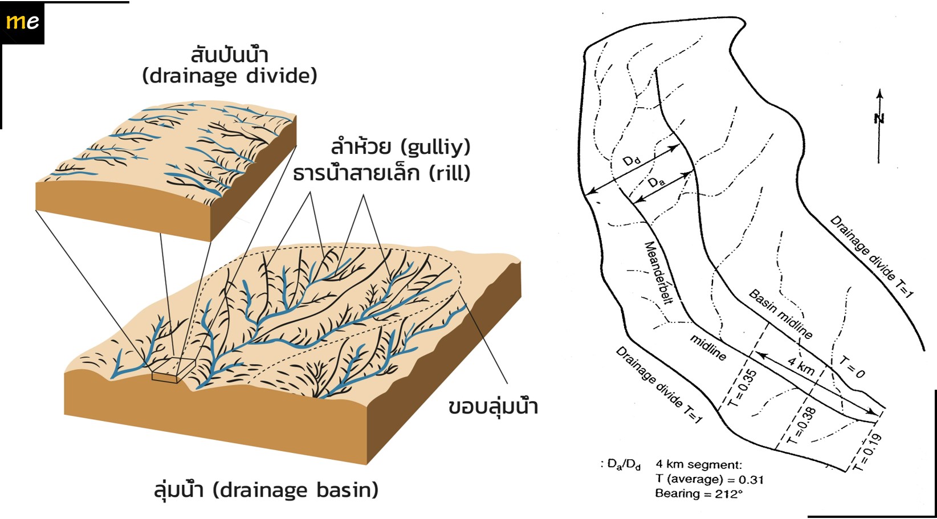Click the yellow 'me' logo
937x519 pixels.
click(23, 22)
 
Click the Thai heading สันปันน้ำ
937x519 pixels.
click(229, 55)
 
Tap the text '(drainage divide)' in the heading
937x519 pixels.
click(230, 76)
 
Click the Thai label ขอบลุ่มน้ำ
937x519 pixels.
click(493, 407)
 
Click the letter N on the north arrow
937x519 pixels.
click(879, 118)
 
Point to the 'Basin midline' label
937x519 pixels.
click(781, 314)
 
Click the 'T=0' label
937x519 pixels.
click(853, 367)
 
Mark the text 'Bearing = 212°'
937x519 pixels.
click(699, 494)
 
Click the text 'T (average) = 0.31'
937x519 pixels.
click(709, 479)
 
